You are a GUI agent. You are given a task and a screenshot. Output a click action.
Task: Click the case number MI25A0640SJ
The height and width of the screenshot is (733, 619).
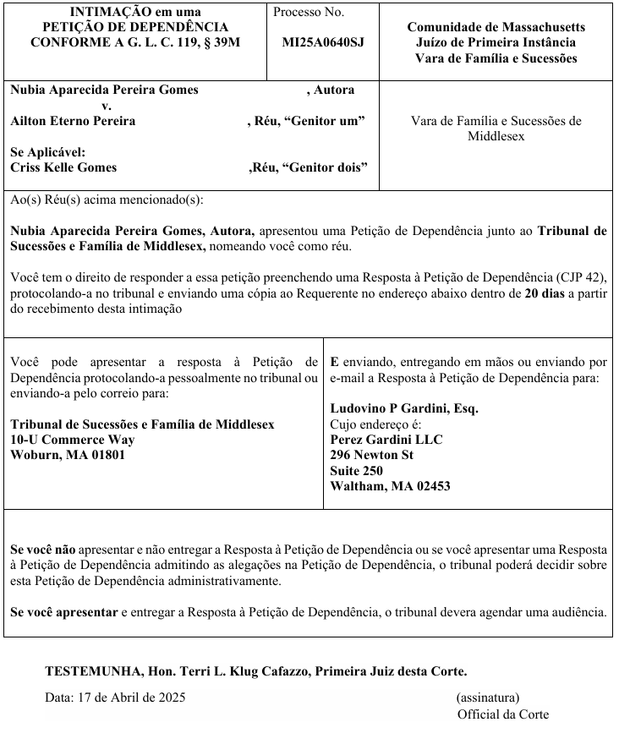(323, 41)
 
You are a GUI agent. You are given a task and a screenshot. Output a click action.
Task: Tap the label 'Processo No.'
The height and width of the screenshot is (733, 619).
(309, 13)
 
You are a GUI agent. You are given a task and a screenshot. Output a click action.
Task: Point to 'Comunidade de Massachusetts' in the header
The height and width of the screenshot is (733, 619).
(496, 27)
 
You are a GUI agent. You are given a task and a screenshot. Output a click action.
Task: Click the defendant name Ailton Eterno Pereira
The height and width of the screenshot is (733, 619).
(73, 121)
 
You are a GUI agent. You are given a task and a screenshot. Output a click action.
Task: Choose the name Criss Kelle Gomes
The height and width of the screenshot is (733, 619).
(63, 167)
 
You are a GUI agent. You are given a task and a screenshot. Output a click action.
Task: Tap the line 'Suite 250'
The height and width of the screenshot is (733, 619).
(356, 470)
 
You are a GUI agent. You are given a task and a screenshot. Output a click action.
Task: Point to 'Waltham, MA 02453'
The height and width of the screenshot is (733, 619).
(390, 486)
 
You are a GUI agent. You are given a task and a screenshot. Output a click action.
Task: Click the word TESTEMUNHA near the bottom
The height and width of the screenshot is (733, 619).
(92, 672)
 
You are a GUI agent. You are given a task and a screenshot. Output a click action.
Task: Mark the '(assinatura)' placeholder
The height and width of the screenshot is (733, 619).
(488, 697)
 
